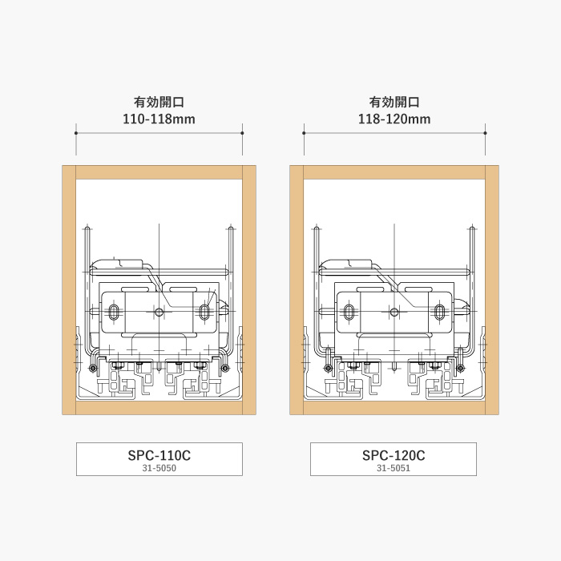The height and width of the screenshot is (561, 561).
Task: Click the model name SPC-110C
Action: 159,455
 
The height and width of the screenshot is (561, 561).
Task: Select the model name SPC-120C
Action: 394,455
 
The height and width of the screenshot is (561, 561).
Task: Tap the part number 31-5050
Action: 159,468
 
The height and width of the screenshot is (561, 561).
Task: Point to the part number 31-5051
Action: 394,468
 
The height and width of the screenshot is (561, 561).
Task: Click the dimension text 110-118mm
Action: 159,119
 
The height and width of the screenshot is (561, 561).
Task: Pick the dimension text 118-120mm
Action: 394,119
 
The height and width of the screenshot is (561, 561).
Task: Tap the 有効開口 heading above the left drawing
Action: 159,102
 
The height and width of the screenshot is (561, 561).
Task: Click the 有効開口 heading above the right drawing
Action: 394,102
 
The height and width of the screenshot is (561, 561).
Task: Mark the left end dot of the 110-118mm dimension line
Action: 76,133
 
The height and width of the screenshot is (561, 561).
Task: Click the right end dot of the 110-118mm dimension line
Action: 242,133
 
